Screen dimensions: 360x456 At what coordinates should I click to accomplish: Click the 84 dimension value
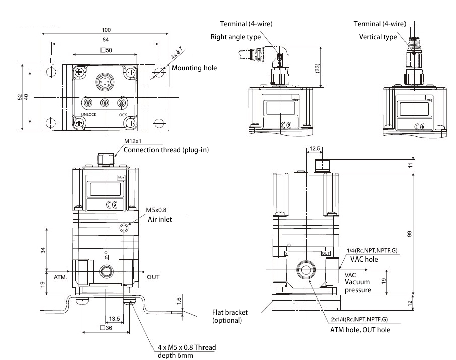(x=106, y=39)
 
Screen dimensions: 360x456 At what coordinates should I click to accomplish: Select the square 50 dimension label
(x=106, y=50)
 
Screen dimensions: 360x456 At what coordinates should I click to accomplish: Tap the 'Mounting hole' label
(x=194, y=68)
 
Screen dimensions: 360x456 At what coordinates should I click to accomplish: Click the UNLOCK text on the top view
(x=88, y=114)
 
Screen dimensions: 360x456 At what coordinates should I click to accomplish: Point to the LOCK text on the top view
(x=122, y=114)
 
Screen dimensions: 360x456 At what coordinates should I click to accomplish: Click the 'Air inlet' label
(x=159, y=219)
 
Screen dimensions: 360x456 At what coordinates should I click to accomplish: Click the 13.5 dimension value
(x=115, y=319)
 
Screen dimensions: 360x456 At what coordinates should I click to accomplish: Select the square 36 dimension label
(x=106, y=328)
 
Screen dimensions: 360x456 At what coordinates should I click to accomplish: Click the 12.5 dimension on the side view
(x=315, y=149)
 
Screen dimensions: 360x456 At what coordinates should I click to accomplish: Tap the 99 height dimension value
(x=410, y=233)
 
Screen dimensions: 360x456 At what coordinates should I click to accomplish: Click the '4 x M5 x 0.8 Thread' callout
(x=183, y=347)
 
